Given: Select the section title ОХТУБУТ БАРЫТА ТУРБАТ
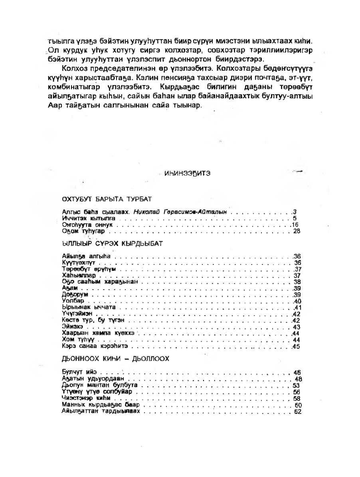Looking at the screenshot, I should (x=106, y=199).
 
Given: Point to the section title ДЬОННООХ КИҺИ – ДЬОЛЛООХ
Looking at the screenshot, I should (x=115, y=359).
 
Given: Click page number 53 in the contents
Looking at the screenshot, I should (x=296, y=385).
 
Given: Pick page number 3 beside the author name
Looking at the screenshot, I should (x=294, y=212).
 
